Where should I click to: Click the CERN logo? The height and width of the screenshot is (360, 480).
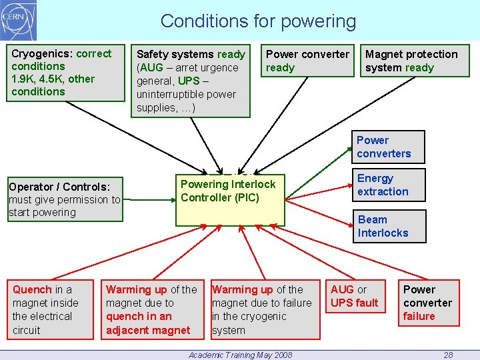[19, 21]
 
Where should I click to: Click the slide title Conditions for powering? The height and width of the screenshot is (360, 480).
[258, 21]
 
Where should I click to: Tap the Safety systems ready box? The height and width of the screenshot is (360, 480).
[191, 81]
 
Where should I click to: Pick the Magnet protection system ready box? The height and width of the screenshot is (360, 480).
[415, 61]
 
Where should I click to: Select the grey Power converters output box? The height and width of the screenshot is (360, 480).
[387, 147]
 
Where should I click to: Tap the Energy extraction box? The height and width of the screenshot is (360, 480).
[387, 185]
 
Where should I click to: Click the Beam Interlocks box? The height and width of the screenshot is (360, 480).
[387, 227]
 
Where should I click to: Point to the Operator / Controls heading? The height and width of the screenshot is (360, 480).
[59, 187]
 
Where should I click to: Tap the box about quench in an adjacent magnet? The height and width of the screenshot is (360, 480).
[152, 310]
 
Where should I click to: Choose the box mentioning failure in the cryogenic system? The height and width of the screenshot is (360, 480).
[262, 310]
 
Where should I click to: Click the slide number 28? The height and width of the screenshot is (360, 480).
[449, 355]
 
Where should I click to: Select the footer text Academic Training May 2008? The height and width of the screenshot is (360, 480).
[241, 355]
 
